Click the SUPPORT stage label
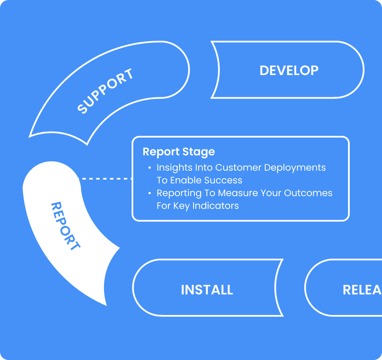106,91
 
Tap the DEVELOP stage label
289,70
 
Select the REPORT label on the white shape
65,226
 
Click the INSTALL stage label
207,290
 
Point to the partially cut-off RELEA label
362,290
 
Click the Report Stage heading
179,152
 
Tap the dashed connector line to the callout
106,179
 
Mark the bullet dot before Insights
149,168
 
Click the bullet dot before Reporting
149,193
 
